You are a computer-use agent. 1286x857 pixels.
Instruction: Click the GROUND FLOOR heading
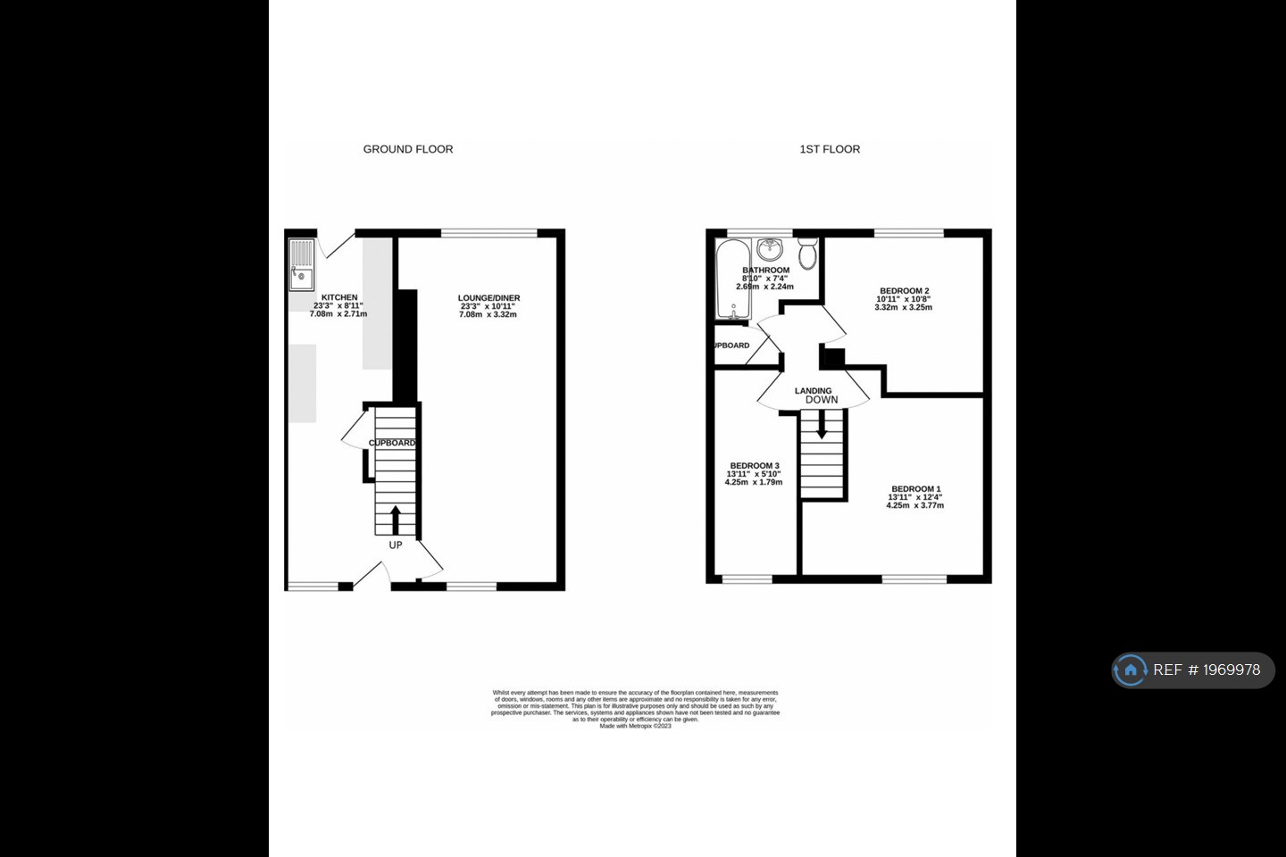(x=407, y=149)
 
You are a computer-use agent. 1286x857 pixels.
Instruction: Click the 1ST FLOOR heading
(x=830, y=149)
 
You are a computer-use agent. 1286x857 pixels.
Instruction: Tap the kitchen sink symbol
(x=302, y=265)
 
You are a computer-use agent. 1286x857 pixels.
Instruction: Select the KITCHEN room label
(x=339, y=297)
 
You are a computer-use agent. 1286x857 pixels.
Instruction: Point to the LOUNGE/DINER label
(x=489, y=298)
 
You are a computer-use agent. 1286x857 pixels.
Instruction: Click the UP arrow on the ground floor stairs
(x=396, y=520)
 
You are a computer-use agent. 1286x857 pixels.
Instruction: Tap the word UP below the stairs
(x=396, y=545)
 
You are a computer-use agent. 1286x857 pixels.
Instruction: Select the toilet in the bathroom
(x=807, y=254)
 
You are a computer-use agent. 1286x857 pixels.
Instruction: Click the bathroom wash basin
(x=768, y=248)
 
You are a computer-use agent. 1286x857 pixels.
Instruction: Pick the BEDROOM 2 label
(x=904, y=291)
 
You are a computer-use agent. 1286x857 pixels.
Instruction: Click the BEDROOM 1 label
(x=915, y=489)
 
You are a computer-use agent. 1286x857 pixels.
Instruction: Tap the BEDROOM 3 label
(x=755, y=466)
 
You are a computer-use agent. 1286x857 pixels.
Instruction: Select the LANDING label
(x=813, y=391)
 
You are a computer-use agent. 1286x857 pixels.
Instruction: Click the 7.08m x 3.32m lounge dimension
(x=489, y=314)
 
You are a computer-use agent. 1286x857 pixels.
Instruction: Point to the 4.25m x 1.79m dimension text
(x=753, y=482)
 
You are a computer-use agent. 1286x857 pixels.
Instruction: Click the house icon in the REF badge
(x=1131, y=670)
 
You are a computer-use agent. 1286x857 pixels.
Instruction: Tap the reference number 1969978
(x=1232, y=670)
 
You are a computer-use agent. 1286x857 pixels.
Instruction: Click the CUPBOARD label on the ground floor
(x=392, y=443)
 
